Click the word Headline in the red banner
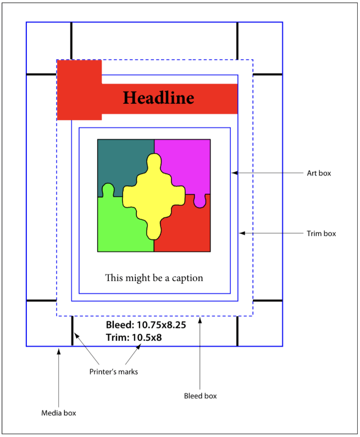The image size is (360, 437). click(x=158, y=98)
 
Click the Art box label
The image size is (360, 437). click(x=319, y=173)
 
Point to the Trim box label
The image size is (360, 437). click(x=321, y=234)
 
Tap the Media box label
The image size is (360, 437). click(x=59, y=413)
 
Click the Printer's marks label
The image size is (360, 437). click(x=113, y=372)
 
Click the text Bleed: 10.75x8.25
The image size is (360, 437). click(x=146, y=325)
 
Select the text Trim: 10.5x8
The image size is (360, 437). click(x=134, y=338)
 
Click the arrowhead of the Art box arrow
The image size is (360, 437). click(x=234, y=173)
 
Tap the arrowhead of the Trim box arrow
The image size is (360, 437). click(x=241, y=233)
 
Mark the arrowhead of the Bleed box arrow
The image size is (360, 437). click(x=200, y=319)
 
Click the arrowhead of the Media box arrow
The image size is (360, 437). click(x=59, y=350)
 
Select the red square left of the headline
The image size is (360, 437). click(x=79, y=89)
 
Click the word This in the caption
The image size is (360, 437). click(x=114, y=278)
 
